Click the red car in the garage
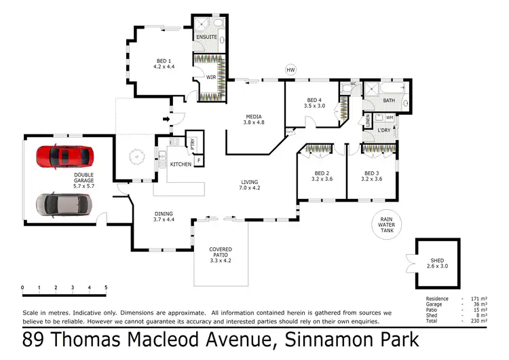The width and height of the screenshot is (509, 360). pyautogui.click(x=64, y=156)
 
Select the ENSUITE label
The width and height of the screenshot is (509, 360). pyautogui.click(x=206, y=37)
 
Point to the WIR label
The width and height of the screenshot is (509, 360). pyautogui.click(x=211, y=77)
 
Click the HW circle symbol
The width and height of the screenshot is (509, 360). pyautogui.click(x=291, y=70)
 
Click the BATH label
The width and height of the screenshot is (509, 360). pyautogui.click(x=388, y=101)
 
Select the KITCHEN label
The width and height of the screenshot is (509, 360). pyautogui.click(x=181, y=165)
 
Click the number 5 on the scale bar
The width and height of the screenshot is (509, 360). pyautogui.click(x=106, y=288)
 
